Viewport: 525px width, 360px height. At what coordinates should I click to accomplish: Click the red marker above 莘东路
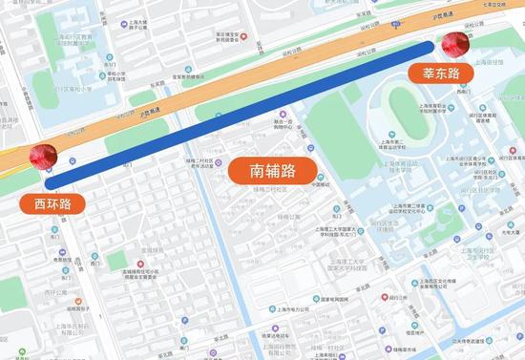tap(453, 45)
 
